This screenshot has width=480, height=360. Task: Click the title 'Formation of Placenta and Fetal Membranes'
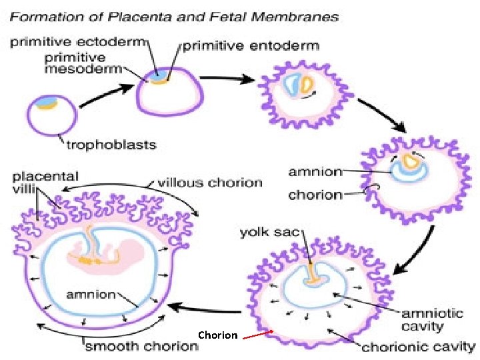(182, 17)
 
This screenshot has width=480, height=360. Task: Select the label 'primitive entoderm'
(251, 46)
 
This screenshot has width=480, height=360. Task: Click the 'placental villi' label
(45, 183)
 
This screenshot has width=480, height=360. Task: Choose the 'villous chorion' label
(209, 182)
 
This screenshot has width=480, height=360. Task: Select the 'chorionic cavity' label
(418, 347)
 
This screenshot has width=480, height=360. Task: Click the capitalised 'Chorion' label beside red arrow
(217, 335)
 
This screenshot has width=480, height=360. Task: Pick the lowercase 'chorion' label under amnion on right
(315, 195)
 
